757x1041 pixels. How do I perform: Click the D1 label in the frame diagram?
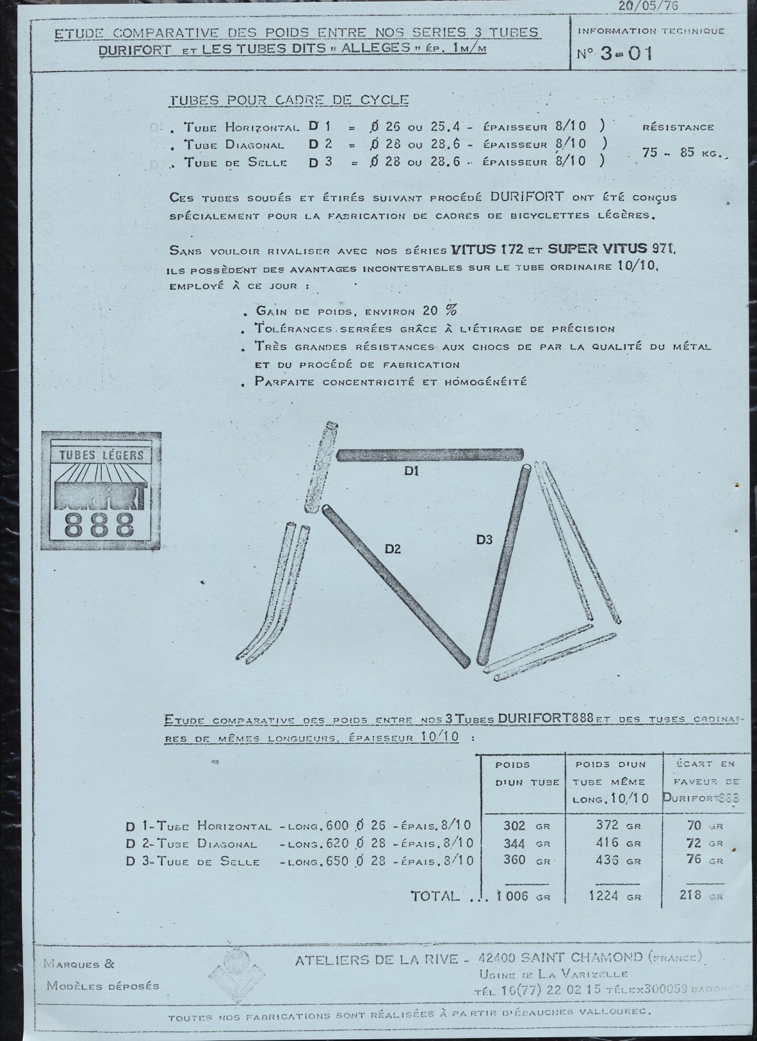[413, 472]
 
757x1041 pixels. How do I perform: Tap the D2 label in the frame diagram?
[393, 549]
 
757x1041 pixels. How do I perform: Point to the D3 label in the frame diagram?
[484, 540]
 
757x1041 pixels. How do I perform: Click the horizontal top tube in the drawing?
[430, 456]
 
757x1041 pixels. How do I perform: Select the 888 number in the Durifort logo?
[99, 524]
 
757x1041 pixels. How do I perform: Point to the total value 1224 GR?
[615, 896]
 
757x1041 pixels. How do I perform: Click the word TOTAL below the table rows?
[436, 896]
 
